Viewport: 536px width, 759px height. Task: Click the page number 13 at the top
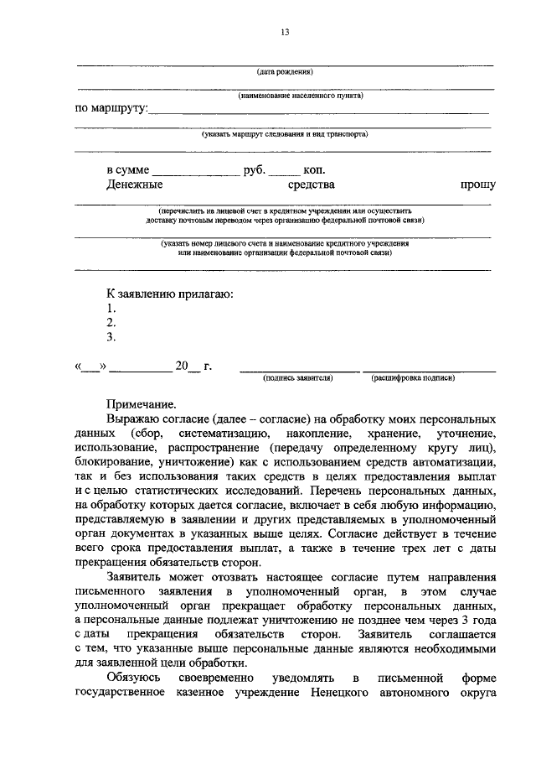(x=285, y=32)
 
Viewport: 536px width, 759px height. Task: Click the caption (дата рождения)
(x=285, y=72)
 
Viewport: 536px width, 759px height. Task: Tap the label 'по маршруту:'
(x=111, y=108)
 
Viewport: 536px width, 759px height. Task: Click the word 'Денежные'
(x=134, y=185)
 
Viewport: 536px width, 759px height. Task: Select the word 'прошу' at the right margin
(x=477, y=185)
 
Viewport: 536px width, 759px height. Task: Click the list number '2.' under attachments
(x=111, y=323)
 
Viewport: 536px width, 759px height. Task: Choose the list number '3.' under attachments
(x=111, y=337)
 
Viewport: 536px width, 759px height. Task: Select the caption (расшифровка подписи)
(x=414, y=378)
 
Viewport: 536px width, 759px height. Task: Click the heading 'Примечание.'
(x=141, y=403)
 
